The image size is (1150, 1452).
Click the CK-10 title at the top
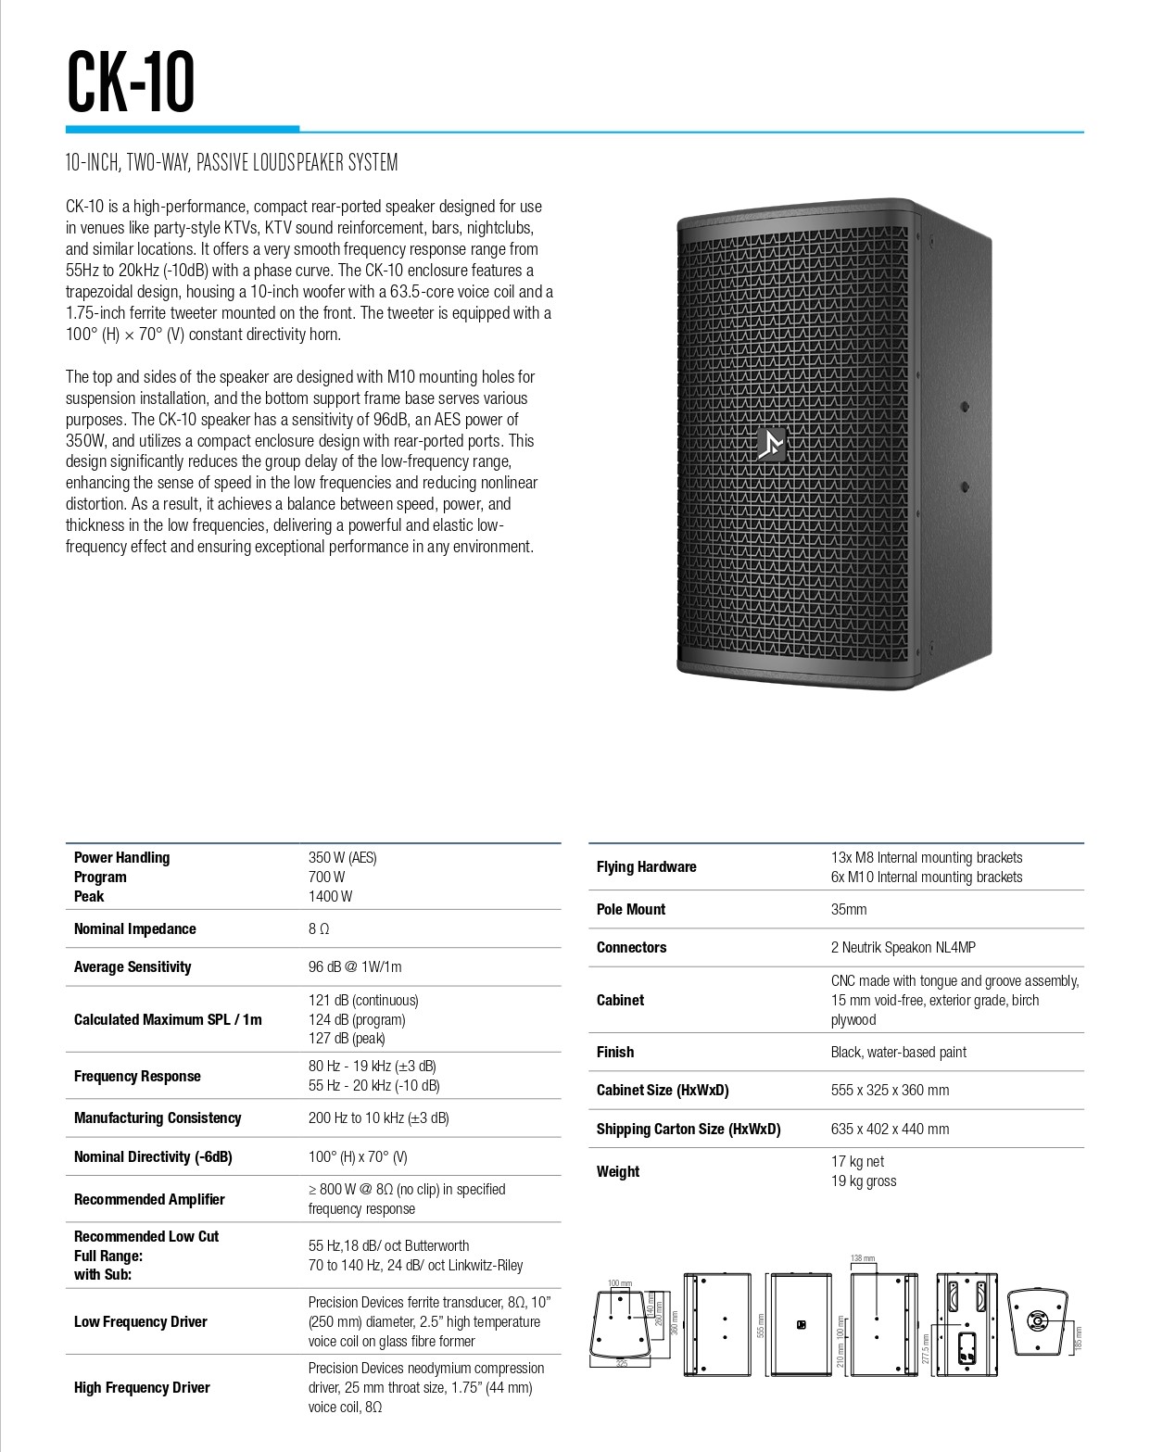pos(131,83)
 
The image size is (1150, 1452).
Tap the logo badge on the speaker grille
pos(770,444)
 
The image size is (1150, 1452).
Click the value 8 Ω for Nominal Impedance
pos(319,928)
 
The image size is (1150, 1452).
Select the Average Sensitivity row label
pos(133,966)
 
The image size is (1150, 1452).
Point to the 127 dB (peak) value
pos(347,1039)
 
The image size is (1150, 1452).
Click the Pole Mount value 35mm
pos(849,909)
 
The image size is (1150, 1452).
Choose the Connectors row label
pos(631,947)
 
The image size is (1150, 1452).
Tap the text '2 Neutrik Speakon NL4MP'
pos(903,947)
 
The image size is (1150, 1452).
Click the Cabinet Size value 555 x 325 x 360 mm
pos(890,1090)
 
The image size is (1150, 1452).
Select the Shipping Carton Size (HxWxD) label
pos(689,1129)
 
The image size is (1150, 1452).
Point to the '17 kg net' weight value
pos(857,1161)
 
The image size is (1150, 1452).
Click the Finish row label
pos(615,1052)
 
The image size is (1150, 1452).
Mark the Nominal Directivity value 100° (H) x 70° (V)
pos(358,1156)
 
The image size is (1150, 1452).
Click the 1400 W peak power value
pos(330,896)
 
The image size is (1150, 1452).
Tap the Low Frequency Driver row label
pos(141,1321)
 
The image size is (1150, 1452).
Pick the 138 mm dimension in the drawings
pos(862,1258)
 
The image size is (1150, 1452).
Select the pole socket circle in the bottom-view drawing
pos(1037,1320)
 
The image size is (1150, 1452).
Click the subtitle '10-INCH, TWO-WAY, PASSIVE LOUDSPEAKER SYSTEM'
pos(232,163)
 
